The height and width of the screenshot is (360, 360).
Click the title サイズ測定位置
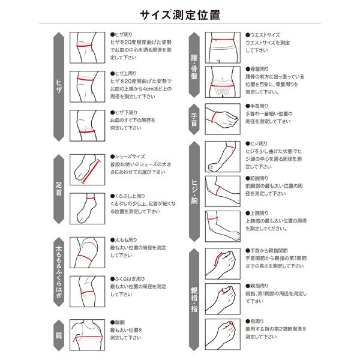pos(180,13)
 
